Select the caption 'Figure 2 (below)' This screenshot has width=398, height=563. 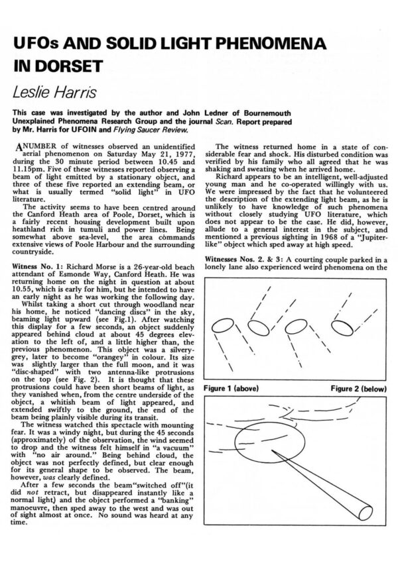pyautogui.click(x=348, y=384)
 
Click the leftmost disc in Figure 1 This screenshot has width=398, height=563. pyautogui.click(x=221, y=326)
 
